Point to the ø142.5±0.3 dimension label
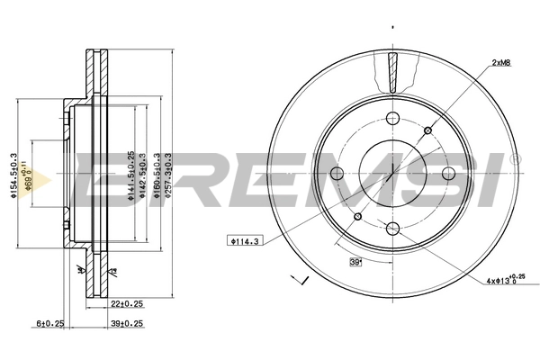pos(141,174)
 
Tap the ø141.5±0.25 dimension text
pos(130,174)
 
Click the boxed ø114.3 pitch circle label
pos(243,240)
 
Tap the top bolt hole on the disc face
pos(392,118)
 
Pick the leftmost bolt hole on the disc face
pos(337,174)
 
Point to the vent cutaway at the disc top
pos(392,72)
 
